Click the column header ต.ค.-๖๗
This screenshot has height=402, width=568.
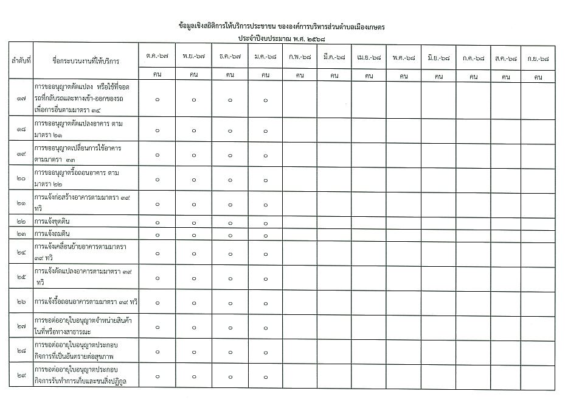[158, 56]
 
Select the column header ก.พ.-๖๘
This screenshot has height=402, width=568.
[300, 56]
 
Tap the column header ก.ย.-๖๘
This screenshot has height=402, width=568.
[538, 56]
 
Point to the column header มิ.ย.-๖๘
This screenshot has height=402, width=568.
[438, 56]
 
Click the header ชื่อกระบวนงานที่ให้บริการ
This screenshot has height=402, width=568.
[86, 62]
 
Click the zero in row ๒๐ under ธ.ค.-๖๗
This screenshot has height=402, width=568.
[230, 179]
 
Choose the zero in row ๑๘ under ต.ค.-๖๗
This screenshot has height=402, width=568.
[158, 130]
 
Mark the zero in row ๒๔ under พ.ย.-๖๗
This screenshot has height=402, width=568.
[194, 252]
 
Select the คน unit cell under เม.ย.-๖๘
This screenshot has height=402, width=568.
[369, 77]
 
